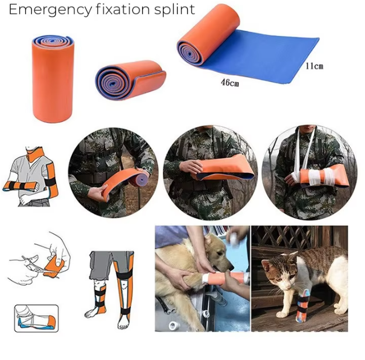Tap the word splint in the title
click(175, 10)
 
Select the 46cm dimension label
click(230, 84)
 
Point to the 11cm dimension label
click(314, 66)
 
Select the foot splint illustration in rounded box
click(35, 317)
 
